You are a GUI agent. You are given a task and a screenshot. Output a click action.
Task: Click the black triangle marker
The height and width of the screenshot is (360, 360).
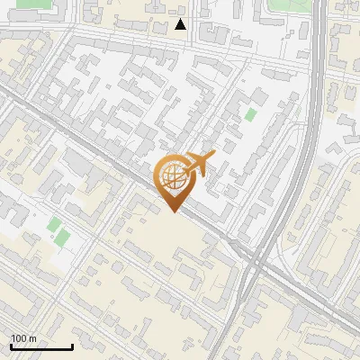181,24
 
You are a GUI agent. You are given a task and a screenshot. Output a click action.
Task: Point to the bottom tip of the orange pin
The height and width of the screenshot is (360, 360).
175,212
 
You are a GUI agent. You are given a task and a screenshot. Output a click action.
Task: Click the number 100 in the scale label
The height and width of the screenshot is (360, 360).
19,338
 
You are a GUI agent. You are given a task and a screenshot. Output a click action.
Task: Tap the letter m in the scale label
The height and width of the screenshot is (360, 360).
33,338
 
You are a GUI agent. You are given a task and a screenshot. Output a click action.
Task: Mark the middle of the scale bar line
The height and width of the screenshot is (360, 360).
41,346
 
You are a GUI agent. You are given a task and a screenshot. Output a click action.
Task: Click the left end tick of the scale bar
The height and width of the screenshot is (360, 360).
11,345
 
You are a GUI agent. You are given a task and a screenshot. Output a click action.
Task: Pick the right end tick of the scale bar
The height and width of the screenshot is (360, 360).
72,345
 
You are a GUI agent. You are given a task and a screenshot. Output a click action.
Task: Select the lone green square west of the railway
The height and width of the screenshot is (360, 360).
249,115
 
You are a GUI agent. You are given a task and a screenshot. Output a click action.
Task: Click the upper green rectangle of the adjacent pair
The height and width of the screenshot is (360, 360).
54,223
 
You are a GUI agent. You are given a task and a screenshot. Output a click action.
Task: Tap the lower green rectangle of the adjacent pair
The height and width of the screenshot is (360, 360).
62,238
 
